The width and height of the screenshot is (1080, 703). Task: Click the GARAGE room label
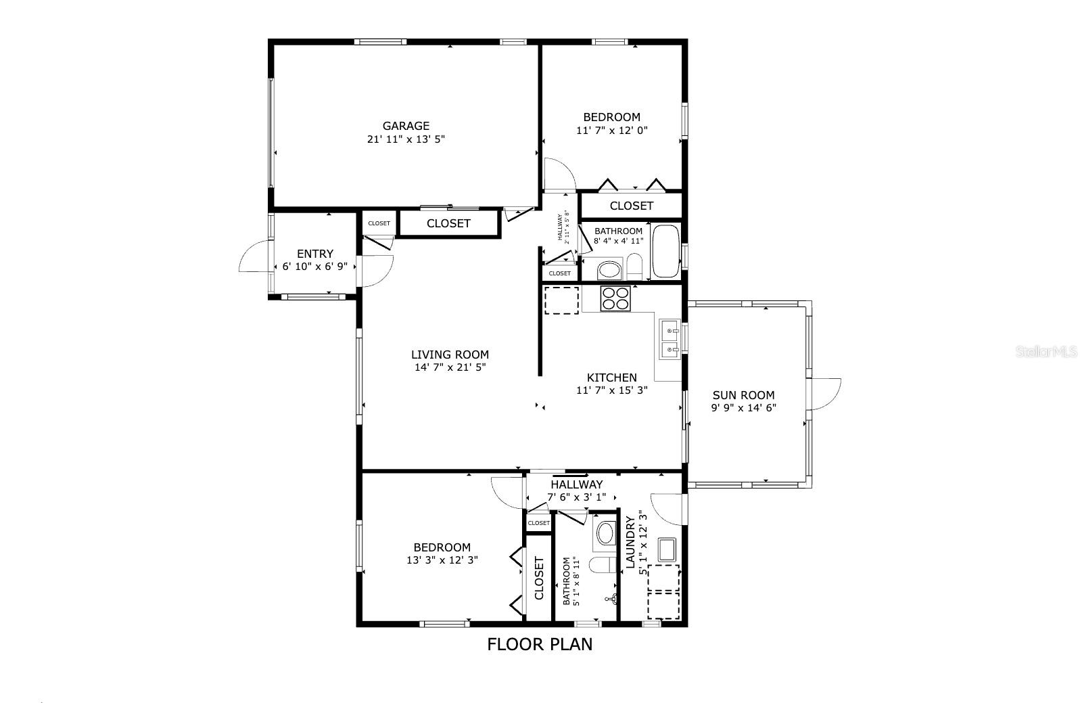tap(406, 126)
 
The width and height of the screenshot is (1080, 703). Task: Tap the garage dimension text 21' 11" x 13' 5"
tap(406, 139)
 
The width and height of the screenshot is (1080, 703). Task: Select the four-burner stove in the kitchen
tap(615, 298)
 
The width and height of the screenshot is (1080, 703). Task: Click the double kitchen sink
tap(670, 339)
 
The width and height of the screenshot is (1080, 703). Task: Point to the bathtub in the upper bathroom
tap(666, 251)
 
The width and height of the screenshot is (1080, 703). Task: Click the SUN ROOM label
tap(743, 395)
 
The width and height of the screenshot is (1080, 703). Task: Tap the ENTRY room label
tap(315, 254)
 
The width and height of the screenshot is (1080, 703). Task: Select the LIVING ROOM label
tap(450, 355)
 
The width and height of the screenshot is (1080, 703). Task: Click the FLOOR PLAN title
tap(540, 644)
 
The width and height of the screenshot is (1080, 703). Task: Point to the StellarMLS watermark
tap(1046, 351)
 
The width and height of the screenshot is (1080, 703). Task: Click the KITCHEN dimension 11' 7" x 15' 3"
tap(612, 390)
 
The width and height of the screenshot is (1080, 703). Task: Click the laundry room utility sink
tap(667, 549)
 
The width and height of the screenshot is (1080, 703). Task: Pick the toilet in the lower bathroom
tap(603, 564)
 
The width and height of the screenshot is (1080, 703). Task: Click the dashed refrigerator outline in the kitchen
tap(562, 300)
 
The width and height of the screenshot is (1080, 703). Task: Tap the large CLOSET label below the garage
tap(448, 223)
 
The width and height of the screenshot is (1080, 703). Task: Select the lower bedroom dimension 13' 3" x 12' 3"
tap(442, 560)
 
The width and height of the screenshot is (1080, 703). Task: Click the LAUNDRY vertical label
tap(630, 541)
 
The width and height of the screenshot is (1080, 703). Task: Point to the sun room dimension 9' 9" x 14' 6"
tap(743, 408)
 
